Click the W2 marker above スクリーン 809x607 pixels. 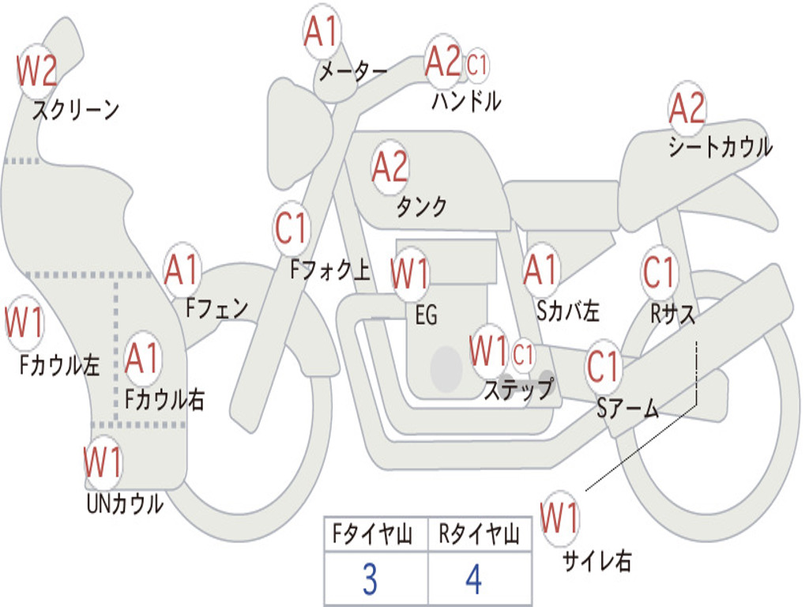36,71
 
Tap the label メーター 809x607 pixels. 353,71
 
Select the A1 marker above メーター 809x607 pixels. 321,32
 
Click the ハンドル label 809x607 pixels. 466,100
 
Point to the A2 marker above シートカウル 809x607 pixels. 687,107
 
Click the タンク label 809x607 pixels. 422,207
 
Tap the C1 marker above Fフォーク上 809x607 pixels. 291,228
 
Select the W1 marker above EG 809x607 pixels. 410,273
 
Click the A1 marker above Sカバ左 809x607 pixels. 541,270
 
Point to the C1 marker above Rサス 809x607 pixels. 659,272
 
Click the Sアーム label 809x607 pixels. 628,409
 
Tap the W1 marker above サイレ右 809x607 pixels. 560,518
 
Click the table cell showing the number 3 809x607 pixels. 376,579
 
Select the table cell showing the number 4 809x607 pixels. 480,579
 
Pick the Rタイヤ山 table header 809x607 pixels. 480,534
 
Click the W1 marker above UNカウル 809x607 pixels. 103,462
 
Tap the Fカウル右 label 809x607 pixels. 165,399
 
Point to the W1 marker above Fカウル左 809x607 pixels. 24,323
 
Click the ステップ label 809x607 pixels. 518,389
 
